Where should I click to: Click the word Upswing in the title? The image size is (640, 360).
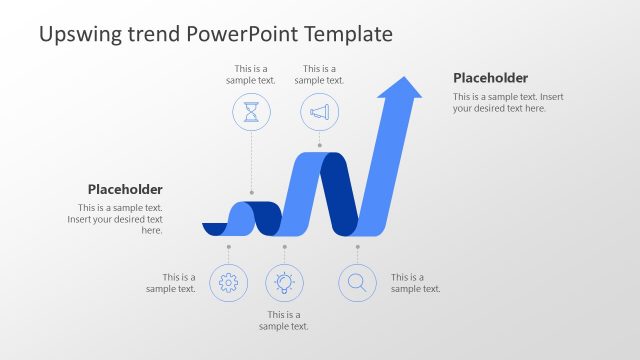(83, 35)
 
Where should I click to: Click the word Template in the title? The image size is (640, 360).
(343, 35)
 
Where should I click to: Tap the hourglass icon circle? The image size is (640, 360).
(251, 113)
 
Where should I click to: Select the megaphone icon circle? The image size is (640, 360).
(319, 113)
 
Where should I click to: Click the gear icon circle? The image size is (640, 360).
(228, 283)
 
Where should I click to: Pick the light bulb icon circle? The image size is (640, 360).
(284, 283)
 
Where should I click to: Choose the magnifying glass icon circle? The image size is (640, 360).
(357, 283)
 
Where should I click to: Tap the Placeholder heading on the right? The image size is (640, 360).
(490, 78)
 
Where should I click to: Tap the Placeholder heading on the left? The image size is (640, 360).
(125, 189)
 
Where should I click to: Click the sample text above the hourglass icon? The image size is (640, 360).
(251, 75)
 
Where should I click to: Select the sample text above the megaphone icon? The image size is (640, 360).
(319, 75)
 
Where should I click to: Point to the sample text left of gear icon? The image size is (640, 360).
(171, 283)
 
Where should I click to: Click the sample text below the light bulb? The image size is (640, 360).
(284, 320)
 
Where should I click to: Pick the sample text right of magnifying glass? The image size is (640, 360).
(415, 283)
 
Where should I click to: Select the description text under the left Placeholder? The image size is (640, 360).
(115, 219)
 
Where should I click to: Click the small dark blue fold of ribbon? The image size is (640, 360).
(265, 215)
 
